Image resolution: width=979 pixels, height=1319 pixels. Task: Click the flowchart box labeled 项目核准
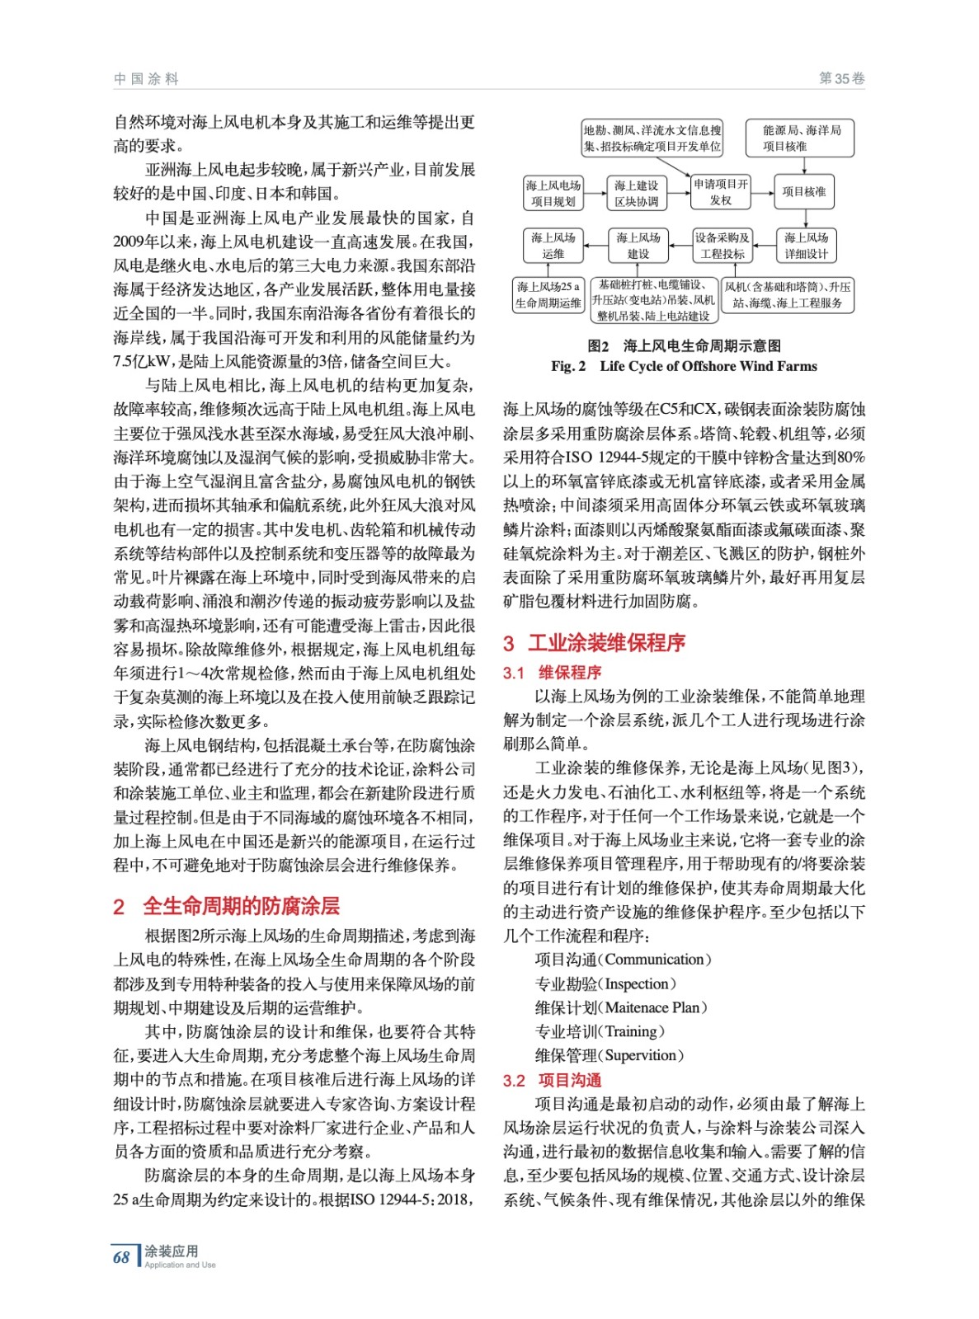click(803, 191)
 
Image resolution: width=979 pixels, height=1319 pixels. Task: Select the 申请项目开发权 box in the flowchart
click(720, 191)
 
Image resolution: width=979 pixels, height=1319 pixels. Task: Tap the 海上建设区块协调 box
click(637, 193)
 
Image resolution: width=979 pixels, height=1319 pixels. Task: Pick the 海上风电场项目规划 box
click(553, 193)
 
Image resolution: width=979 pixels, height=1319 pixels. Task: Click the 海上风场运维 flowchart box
click(553, 246)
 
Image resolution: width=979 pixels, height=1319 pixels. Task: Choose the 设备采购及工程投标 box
click(722, 246)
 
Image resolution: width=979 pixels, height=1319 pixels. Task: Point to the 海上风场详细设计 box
click(806, 246)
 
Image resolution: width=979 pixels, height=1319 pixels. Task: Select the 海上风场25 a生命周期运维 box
click(548, 294)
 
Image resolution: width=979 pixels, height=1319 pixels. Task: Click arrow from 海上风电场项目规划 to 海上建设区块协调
click(594, 193)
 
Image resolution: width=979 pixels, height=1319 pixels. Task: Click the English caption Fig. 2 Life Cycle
click(684, 366)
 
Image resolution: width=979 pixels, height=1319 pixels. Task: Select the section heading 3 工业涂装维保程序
click(594, 643)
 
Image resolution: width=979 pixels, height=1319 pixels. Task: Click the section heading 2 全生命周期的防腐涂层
click(227, 906)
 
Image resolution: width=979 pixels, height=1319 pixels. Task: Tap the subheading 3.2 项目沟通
click(553, 1080)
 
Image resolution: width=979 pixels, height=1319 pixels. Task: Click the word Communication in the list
click(655, 960)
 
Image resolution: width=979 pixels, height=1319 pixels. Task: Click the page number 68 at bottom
click(121, 1257)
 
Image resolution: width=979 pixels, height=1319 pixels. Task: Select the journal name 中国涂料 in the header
click(146, 79)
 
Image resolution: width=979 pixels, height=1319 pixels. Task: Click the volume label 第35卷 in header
click(841, 79)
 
